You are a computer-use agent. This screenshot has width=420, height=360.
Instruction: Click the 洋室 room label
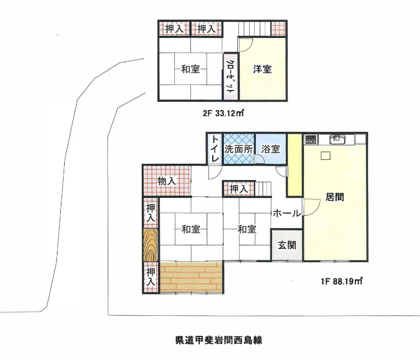262,69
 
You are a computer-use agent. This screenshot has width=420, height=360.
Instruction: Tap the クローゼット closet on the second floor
230,77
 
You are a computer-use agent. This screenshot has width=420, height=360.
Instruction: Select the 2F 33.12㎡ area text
223,113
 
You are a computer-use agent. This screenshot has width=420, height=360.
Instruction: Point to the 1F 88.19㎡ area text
341,281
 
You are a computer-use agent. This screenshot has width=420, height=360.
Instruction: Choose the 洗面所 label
238,149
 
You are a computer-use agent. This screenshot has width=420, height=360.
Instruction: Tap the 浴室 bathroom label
270,149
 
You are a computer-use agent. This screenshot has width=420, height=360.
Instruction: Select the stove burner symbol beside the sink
311,139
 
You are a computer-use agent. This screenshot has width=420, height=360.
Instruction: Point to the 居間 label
335,197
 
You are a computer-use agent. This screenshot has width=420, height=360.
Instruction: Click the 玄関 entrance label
287,245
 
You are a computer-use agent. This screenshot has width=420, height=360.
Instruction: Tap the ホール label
287,214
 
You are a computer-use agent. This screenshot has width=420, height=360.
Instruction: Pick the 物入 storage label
166,181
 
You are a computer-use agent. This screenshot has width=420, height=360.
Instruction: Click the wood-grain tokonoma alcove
150,245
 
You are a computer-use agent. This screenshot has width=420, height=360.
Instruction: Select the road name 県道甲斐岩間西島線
218,340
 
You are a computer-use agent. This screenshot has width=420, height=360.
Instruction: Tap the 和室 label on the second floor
190,69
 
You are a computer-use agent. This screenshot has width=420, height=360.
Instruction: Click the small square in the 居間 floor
326,155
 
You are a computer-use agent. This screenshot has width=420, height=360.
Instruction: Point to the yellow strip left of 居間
294,165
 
